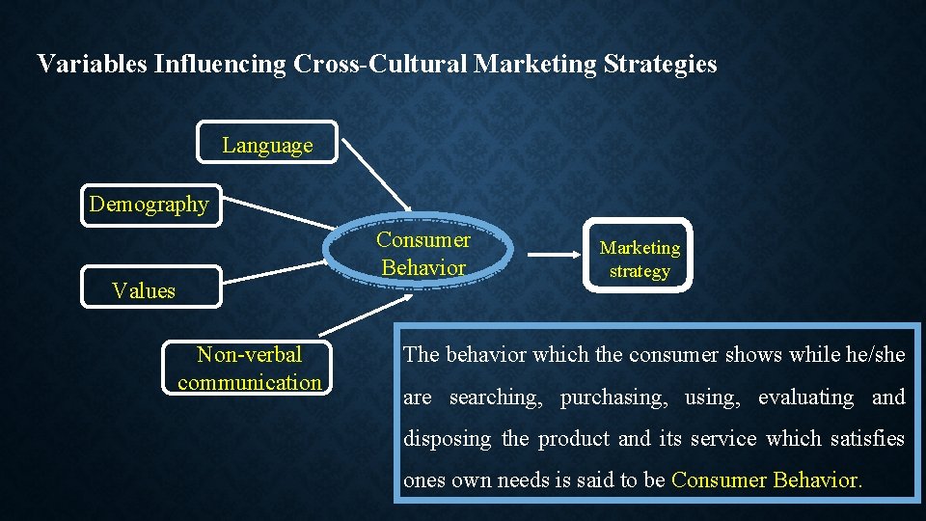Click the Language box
(267, 143)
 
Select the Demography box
(150, 204)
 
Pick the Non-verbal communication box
(249, 369)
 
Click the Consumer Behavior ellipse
(423, 254)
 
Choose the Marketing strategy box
(639, 258)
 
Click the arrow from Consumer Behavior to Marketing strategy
(553, 256)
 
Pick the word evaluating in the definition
(805, 398)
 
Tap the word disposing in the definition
(447, 439)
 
